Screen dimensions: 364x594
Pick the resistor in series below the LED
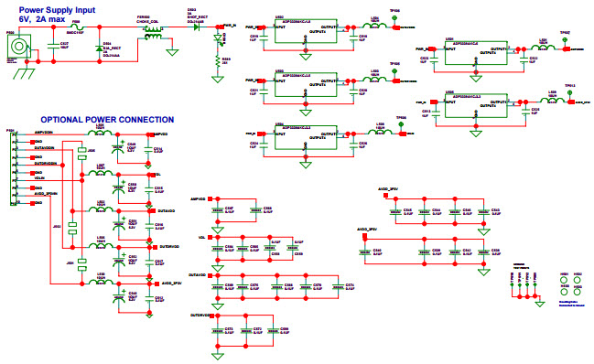(218, 62)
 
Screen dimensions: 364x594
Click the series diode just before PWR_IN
(194, 28)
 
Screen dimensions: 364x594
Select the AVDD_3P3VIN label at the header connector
(46, 194)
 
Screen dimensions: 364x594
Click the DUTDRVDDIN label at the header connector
(47, 163)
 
